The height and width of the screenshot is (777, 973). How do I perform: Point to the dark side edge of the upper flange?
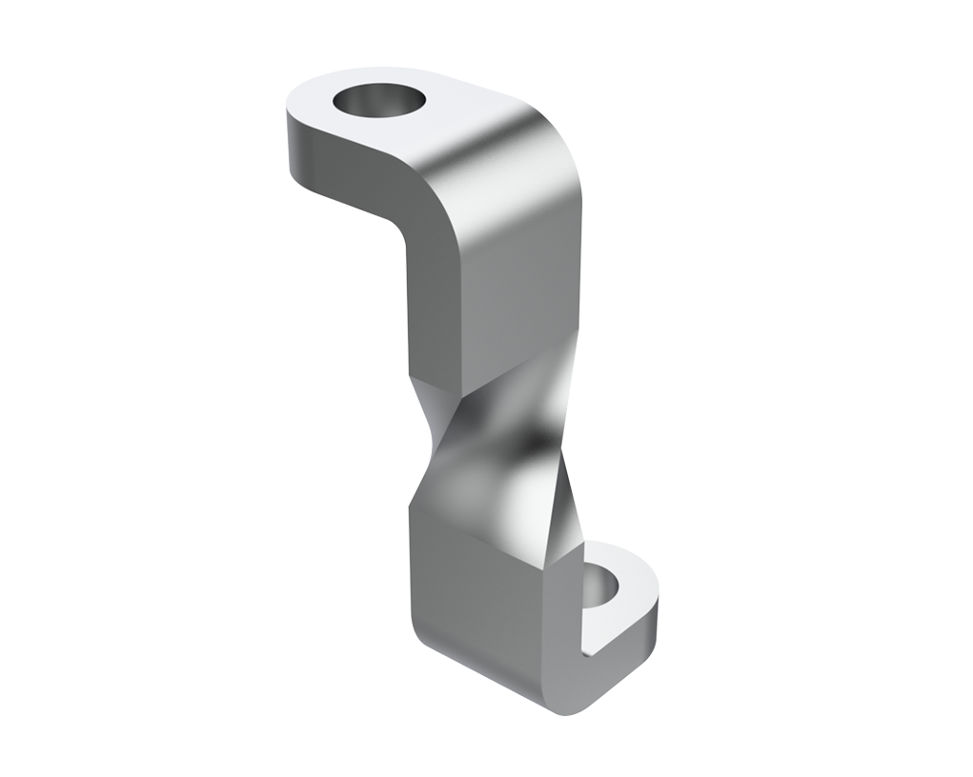point(343,162)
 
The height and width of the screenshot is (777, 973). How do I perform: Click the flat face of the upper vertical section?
point(505,286)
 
